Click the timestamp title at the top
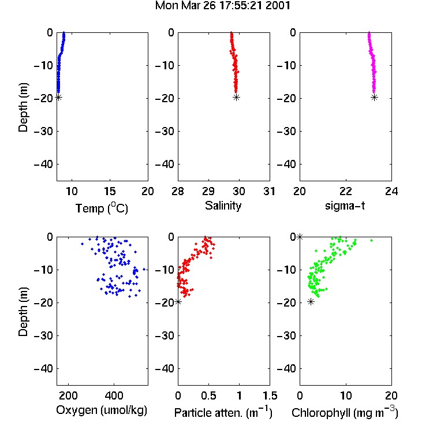223,5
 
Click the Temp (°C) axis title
102,208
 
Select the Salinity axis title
223,206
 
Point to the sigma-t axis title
345,206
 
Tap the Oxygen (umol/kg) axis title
102,410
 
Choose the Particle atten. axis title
223,412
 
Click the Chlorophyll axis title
345,412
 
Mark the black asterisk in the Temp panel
58,97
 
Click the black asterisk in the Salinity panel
236,97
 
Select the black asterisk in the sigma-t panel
374,97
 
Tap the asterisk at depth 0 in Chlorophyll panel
300,237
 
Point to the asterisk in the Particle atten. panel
178,302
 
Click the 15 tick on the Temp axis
110,191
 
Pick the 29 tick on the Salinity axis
208,191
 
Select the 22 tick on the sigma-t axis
346,191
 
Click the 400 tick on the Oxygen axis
114,395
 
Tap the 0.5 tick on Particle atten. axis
208,395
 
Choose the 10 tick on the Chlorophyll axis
346,395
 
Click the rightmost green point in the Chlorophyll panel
371,241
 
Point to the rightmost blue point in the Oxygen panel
144,269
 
